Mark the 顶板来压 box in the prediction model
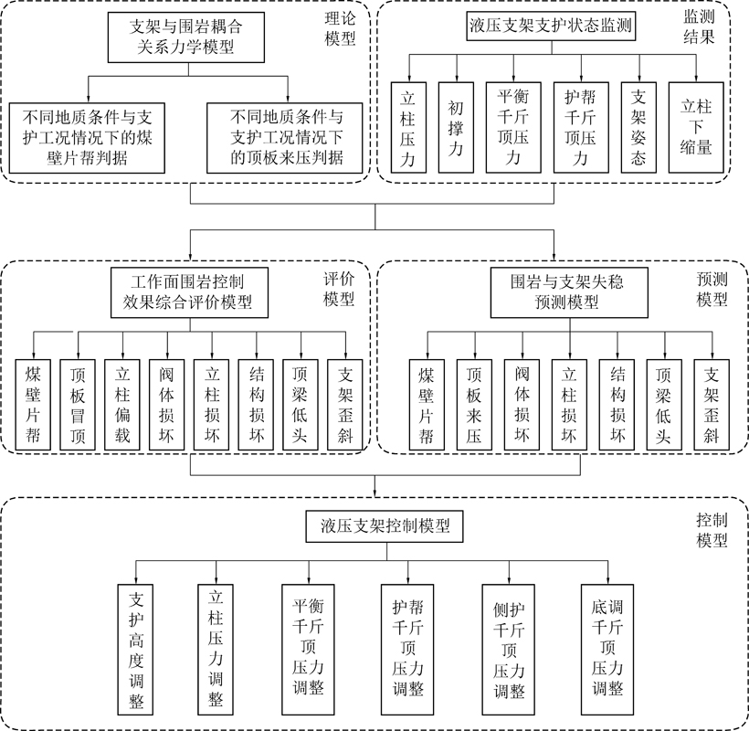click(473, 403)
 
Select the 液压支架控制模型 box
click(379, 526)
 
